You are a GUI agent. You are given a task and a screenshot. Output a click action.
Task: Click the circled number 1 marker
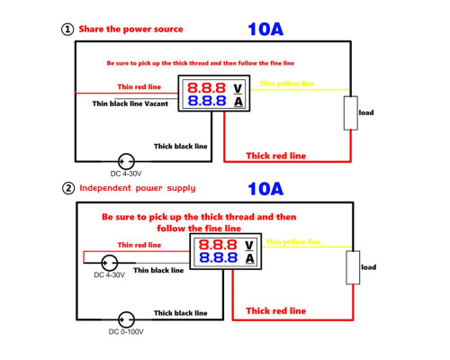[x=67, y=30]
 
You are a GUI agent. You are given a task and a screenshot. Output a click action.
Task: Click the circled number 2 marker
[x=68, y=188]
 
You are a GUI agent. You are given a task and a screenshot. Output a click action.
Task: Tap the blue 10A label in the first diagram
[x=265, y=30]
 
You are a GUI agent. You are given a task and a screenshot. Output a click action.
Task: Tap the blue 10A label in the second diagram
[x=265, y=189]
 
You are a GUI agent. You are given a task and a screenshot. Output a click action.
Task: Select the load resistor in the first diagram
[x=351, y=113]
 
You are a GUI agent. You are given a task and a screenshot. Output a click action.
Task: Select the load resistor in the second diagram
[x=353, y=267]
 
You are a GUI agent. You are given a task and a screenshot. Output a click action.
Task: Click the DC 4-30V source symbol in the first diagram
[x=126, y=161]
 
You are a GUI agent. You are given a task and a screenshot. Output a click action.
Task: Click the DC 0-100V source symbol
[x=126, y=319]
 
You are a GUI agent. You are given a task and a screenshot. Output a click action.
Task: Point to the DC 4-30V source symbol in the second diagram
[x=110, y=263]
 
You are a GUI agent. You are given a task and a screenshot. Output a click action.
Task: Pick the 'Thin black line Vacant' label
[x=130, y=103]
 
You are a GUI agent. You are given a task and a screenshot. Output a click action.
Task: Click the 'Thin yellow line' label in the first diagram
[x=287, y=84]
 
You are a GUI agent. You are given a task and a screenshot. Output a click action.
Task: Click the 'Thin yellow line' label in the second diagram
[x=293, y=242]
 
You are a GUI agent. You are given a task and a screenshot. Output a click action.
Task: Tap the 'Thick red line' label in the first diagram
[x=276, y=156]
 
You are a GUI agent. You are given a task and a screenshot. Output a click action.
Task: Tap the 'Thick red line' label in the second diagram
[x=276, y=310]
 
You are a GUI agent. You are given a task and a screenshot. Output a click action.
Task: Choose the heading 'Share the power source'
[x=130, y=29]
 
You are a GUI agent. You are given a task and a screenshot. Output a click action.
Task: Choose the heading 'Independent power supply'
[x=138, y=188]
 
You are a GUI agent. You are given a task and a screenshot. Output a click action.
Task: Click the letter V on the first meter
[x=238, y=88]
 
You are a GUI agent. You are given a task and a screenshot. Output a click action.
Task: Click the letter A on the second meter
[x=249, y=258]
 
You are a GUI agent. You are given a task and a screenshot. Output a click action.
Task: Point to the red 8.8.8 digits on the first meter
[x=206, y=88]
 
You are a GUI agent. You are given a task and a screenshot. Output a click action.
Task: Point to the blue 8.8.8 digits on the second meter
[x=218, y=257]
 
